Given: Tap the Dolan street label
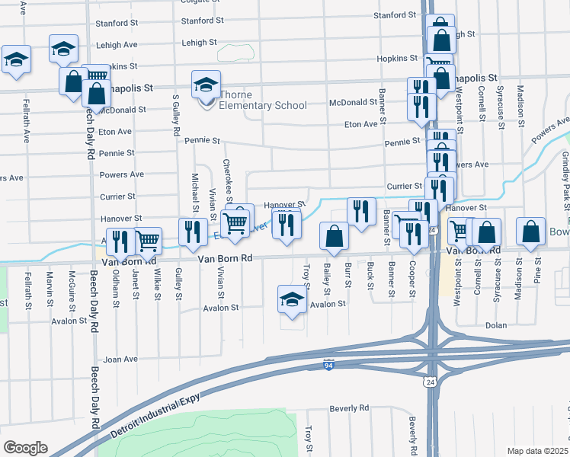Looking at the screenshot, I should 496,325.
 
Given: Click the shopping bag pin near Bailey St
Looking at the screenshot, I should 334,235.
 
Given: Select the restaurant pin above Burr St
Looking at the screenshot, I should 361,211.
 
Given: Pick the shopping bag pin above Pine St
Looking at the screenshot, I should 531,232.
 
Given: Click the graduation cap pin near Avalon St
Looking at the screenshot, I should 291,299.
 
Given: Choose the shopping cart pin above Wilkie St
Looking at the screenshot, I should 148,241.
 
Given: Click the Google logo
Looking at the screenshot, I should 25,448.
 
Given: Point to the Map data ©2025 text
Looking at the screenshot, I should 536,451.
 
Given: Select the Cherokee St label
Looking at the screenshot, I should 226,177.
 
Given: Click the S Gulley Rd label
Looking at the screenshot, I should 176,116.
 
